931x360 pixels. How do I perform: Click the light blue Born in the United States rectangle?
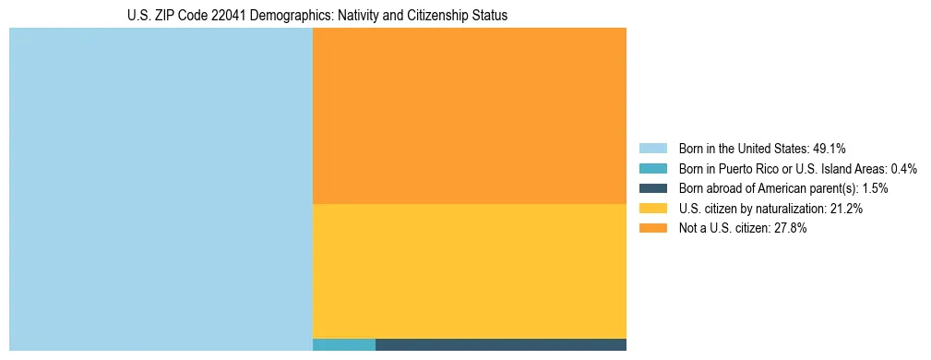tap(161, 189)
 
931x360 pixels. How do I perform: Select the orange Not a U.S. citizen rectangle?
tap(470, 115)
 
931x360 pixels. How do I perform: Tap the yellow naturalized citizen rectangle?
tap(470, 270)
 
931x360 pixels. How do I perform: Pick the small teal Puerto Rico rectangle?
tap(344, 345)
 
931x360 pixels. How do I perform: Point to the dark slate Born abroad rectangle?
tap(501, 345)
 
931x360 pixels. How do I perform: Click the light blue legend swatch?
tap(652, 148)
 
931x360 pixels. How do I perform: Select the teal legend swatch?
tap(652, 168)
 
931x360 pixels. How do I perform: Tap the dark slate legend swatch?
tap(652, 188)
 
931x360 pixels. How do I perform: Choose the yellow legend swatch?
tap(652, 209)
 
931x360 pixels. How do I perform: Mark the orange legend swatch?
tap(652, 229)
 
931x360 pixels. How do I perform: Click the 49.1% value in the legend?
tap(829, 148)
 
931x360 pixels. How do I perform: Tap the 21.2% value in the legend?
tap(846, 209)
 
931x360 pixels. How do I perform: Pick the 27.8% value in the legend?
tap(791, 229)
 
